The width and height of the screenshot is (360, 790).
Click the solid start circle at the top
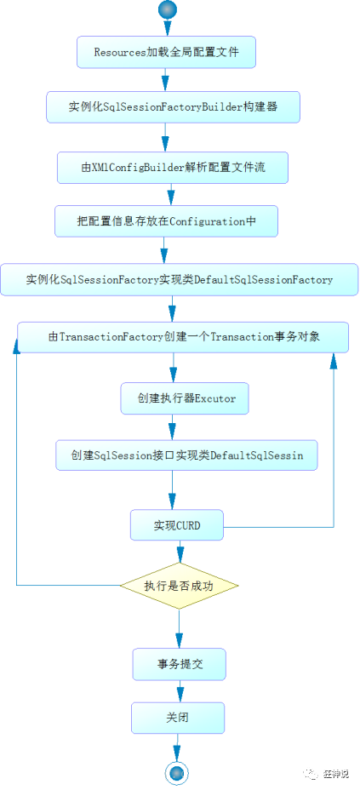tap(166, 10)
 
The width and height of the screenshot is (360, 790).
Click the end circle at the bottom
tap(176, 771)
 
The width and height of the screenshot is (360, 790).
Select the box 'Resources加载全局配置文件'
tap(167, 53)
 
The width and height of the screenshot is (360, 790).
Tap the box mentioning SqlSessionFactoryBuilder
tap(173, 110)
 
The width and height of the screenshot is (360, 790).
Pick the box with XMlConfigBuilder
tap(173, 168)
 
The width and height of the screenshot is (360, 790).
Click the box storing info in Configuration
tap(166, 221)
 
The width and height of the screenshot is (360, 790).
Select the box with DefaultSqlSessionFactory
tap(179, 279)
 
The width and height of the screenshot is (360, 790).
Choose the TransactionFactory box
tap(184, 337)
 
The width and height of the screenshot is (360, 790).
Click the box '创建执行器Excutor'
tap(186, 398)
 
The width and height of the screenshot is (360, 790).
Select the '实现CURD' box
tap(177, 525)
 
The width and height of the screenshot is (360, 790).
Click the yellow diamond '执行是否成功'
tap(179, 586)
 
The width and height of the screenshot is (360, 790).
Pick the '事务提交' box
tap(179, 664)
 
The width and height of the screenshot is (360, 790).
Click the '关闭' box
tap(177, 718)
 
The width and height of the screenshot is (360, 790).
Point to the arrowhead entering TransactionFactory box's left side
tap(16, 344)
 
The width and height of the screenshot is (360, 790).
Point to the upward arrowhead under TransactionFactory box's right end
tap(334, 361)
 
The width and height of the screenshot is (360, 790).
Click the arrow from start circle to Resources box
tap(166, 27)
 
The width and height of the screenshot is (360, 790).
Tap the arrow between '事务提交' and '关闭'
tap(179, 690)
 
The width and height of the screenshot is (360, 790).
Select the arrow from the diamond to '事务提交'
tap(179, 628)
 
